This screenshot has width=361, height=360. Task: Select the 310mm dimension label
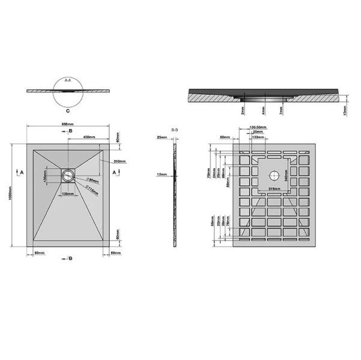pyautogui.click(x=118, y=161)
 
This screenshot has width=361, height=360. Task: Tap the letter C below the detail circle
pyautogui.click(x=68, y=111)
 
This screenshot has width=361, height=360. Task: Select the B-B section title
pyautogui.click(x=175, y=130)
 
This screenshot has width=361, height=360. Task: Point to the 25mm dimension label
pyautogui.click(x=161, y=137)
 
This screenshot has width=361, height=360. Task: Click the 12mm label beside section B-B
pyautogui.click(x=161, y=175)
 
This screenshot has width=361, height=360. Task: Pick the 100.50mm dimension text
pyautogui.click(x=258, y=127)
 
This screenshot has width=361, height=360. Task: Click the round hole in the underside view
pyautogui.click(x=275, y=176)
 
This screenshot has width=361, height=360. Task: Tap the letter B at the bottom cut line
pyautogui.click(x=71, y=259)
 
